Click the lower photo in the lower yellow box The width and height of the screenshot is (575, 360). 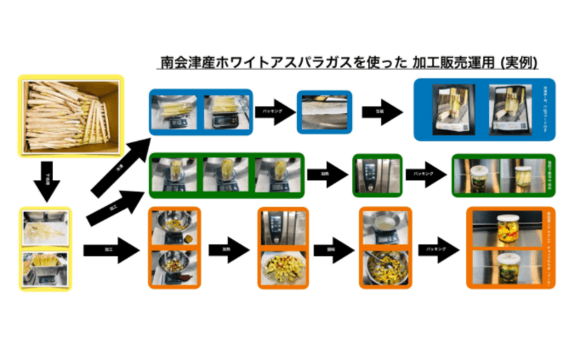point(47,267)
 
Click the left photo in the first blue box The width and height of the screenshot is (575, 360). point(175,111)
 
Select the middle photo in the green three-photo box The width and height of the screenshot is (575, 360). point(227,175)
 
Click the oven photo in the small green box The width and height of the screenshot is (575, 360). point(376,175)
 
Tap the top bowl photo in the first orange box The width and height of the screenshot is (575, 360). point(175,226)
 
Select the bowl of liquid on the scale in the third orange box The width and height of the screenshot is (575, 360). point(384,226)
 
